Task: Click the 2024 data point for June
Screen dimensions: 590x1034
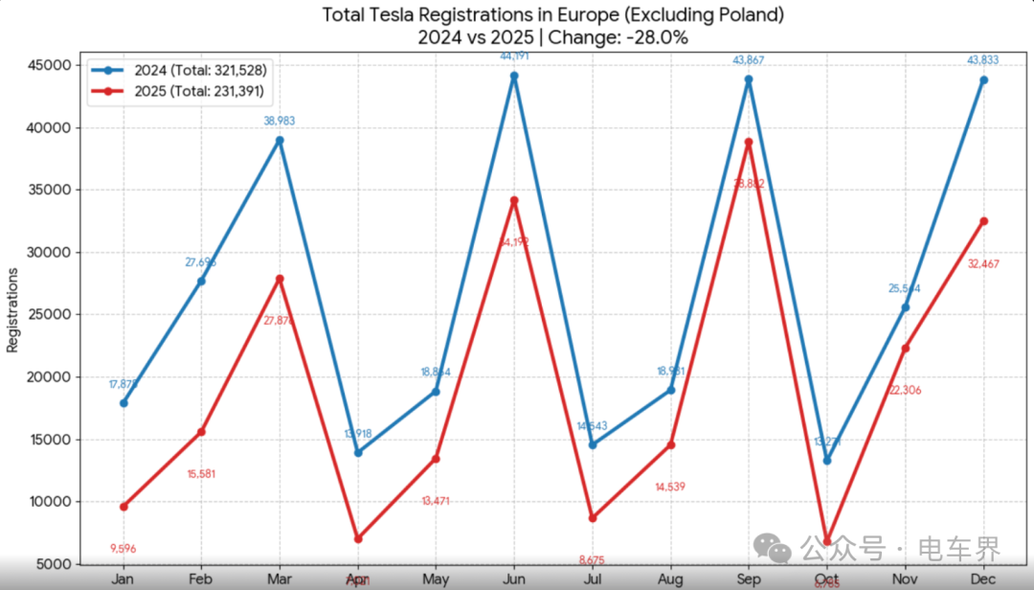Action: tap(513, 76)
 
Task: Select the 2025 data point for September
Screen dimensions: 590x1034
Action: tap(749, 142)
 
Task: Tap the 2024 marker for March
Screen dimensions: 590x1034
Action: tap(280, 140)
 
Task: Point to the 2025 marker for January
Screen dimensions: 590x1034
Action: tap(123, 506)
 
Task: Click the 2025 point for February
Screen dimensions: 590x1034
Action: tap(201, 432)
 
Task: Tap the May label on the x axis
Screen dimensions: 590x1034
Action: tap(436, 579)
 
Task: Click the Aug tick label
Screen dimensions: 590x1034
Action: tap(670, 579)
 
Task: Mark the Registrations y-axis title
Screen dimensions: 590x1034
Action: tap(13, 309)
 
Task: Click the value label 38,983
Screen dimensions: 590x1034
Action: tap(280, 122)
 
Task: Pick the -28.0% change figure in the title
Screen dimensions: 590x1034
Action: tap(657, 38)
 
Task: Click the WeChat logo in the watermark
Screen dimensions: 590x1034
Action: tap(773, 548)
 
